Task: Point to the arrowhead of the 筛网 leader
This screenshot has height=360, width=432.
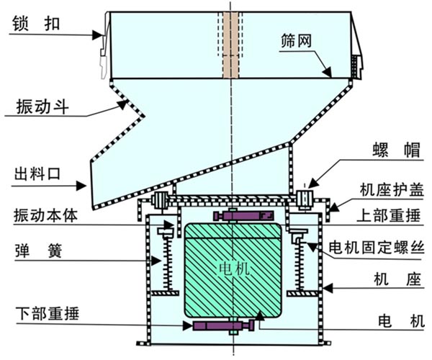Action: (x=328, y=73)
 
